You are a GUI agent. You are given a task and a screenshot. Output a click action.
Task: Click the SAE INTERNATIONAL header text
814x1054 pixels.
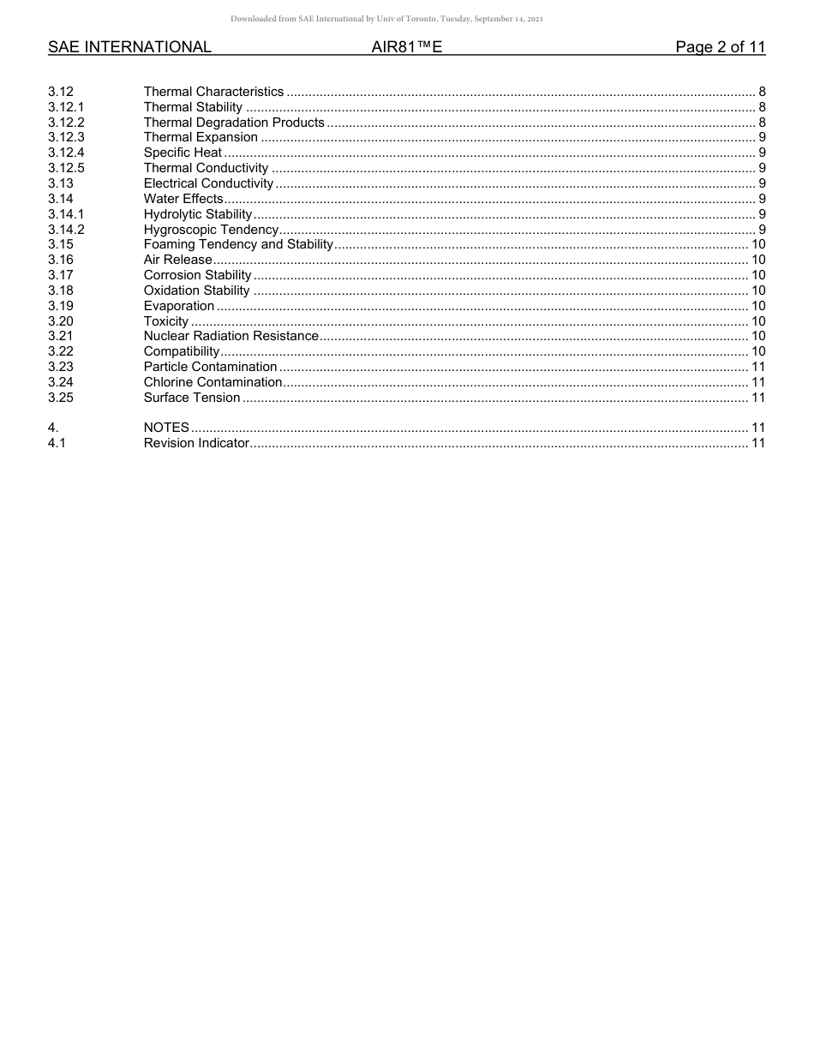pos(129,47)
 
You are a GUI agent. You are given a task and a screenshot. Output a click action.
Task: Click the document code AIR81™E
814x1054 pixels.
pos(407,47)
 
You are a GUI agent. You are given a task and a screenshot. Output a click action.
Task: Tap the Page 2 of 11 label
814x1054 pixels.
pos(720,47)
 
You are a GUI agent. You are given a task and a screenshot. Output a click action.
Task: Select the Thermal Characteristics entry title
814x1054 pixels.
pos(213,92)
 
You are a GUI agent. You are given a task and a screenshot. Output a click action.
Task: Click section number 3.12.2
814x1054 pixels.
pos(66,123)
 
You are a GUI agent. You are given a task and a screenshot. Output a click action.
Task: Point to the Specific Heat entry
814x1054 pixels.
pos(183,153)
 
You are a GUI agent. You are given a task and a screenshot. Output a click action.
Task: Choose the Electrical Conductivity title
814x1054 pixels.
pos(208,183)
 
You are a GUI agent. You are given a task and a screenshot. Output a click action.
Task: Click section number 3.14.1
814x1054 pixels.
pos(66,214)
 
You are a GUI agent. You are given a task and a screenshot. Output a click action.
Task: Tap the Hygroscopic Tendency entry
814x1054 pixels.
pos(211,230)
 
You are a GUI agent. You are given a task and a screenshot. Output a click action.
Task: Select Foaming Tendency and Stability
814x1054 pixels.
pos(237,244)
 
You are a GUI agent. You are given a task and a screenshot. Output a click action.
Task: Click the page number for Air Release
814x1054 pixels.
pos(757,260)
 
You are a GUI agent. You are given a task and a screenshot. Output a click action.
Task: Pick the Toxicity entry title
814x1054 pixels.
pos(165,321)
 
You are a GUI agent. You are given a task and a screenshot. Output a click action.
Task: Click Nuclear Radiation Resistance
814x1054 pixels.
pos(230,336)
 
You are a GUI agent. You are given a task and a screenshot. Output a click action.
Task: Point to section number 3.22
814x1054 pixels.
pos(61,351)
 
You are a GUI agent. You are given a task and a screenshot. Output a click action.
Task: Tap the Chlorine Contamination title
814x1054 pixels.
pos(212,382)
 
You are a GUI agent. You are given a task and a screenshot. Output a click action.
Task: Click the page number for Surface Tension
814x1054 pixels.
pos(757,398)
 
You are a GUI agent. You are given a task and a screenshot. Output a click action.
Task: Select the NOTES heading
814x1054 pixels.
pos(166,428)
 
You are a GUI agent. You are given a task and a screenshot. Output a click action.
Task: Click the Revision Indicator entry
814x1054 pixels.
pos(196,443)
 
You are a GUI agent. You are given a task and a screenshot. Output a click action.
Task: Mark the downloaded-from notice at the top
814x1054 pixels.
pos(386,18)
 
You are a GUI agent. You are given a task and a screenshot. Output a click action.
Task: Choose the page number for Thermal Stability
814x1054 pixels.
pos(762,107)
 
